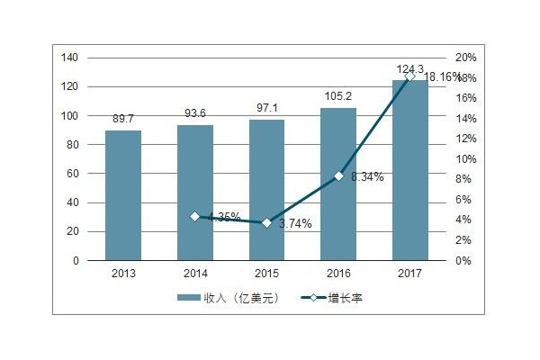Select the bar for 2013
click(123, 195)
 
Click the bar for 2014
click(195, 193)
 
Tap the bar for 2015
click(266, 190)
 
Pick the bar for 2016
click(338, 184)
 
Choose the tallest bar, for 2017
click(410, 171)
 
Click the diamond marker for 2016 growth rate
click(338, 176)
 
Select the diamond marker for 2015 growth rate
click(266, 222)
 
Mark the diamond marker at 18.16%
click(410, 76)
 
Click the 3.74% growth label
click(293, 224)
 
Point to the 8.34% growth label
click(365, 177)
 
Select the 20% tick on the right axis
click(466, 58)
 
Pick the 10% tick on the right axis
click(466, 159)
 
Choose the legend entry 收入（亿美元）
click(230, 299)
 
